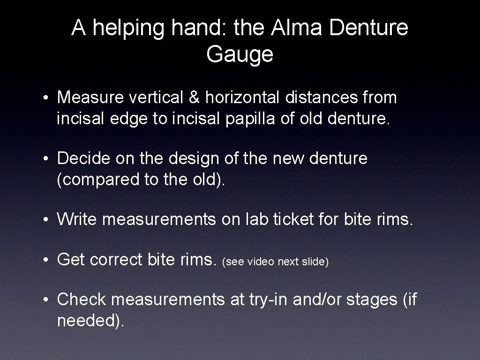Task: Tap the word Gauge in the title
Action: pyautogui.click(x=240, y=55)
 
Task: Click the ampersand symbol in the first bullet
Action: pyautogui.click(x=197, y=98)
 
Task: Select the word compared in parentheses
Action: pyautogui.click(x=94, y=180)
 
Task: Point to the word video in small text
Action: pyautogui.click(x=261, y=262)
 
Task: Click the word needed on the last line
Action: pyautogui.click(x=88, y=321)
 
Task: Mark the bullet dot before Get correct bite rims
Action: pyautogui.click(x=48, y=260)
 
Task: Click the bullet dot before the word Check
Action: pyautogui.click(x=48, y=299)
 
